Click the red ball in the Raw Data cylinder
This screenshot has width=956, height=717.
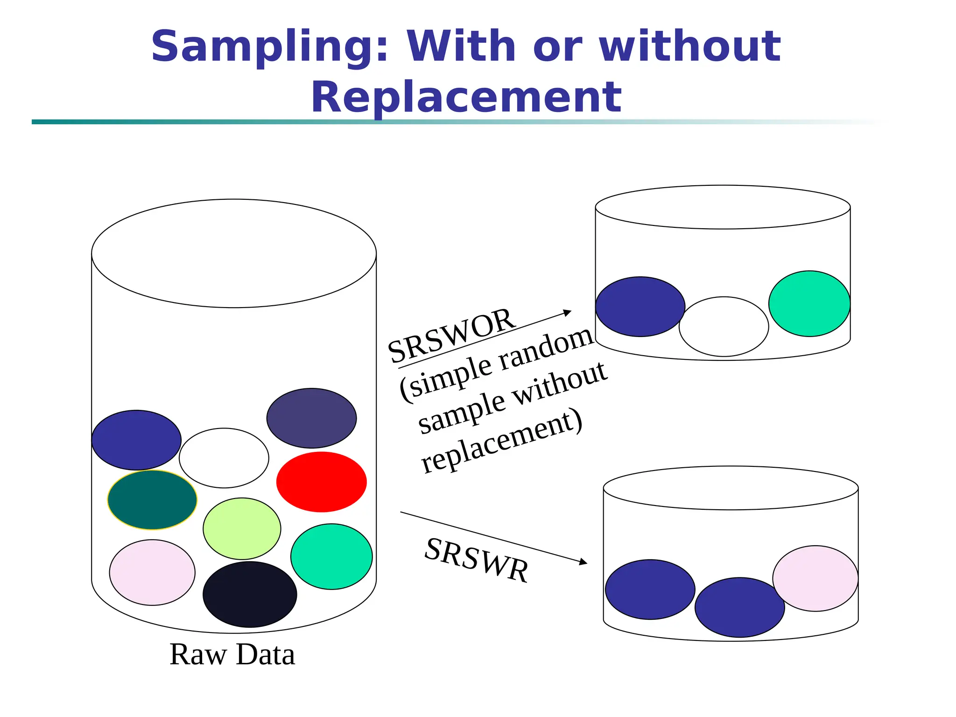[x=321, y=482]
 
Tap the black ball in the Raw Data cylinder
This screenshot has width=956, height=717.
[x=250, y=594]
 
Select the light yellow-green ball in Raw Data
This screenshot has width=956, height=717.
[x=242, y=528]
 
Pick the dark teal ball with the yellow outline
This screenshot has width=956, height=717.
[x=152, y=500]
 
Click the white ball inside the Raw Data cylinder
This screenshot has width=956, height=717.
[x=224, y=458]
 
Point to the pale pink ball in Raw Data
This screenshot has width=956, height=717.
[x=152, y=572]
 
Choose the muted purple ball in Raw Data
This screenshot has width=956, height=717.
[x=311, y=418]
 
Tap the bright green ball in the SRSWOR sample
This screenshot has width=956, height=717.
[x=809, y=303]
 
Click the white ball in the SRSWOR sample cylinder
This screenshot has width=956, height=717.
[x=724, y=326]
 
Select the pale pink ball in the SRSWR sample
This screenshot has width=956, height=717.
[x=815, y=578]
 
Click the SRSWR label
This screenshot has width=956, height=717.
[x=477, y=560]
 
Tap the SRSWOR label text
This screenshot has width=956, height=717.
[x=451, y=336]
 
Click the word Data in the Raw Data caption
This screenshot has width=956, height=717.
[x=265, y=654]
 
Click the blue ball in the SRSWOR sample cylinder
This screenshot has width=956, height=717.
[x=640, y=307]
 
